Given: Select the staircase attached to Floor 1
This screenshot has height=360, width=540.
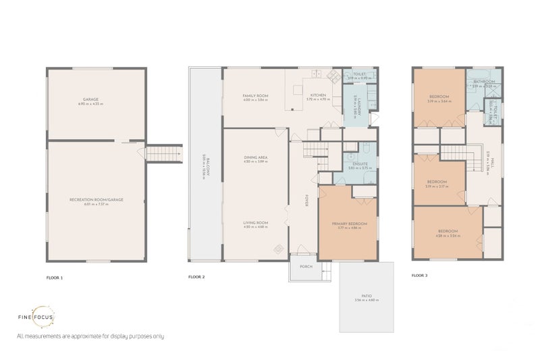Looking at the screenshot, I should (165, 154).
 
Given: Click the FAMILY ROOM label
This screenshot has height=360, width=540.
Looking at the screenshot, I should (255, 96).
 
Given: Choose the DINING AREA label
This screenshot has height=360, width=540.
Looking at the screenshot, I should (255, 158).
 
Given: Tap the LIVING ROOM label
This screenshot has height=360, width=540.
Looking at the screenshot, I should (255, 223).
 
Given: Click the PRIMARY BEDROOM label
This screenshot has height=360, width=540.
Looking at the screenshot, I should (349, 223).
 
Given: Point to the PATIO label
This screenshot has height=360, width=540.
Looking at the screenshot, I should (367, 295).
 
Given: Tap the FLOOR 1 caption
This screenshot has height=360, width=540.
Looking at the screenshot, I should (54, 277).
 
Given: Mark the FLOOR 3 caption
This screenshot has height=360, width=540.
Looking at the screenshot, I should (419, 276).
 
